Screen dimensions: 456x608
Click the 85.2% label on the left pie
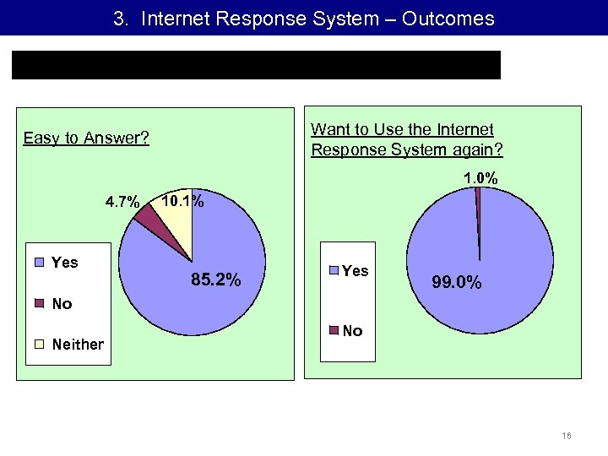(x=217, y=280)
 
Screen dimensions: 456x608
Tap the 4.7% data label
(x=122, y=202)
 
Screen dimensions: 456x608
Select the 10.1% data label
(x=182, y=201)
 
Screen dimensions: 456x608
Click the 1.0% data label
(x=480, y=178)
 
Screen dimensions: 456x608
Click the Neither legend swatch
(x=39, y=344)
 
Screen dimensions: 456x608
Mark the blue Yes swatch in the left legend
(x=39, y=263)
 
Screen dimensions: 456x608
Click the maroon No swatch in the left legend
(x=39, y=303)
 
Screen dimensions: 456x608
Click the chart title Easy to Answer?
(x=86, y=138)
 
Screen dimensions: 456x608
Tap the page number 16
(x=566, y=437)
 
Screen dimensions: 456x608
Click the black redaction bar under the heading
(x=256, y=65)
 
